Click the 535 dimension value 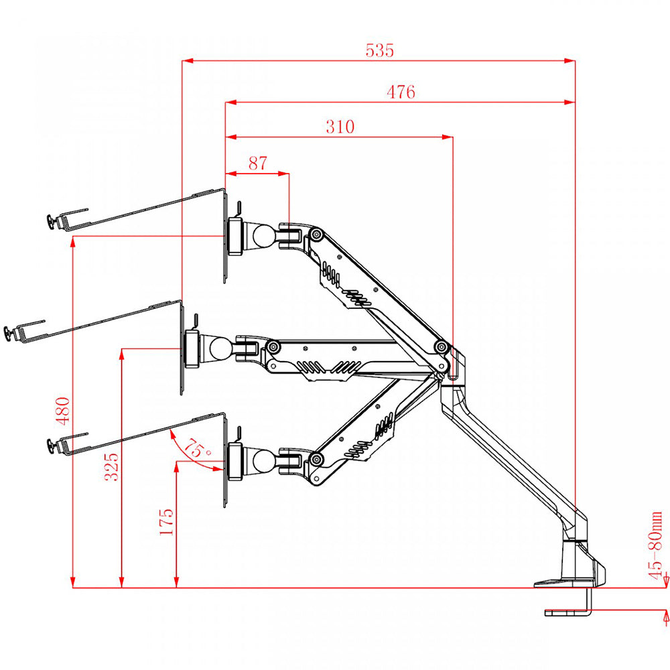(380, 50)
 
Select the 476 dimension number (401, 92)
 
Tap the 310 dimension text (340, 126)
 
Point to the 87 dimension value (257, 163)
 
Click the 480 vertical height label (62, 410)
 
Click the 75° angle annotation (197, 450)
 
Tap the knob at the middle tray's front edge (9, 333)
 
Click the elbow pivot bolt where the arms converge (441, 346)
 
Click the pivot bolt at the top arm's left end (316, 235)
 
